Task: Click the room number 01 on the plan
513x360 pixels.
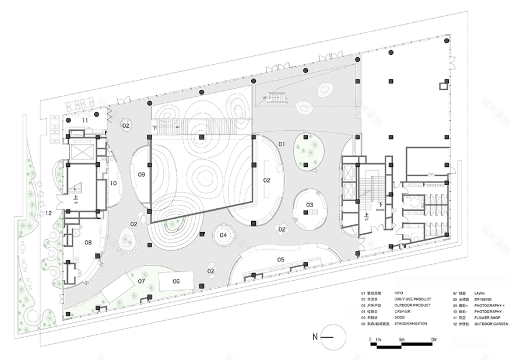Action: click(281, 144)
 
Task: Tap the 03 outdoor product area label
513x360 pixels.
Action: click(310, 204)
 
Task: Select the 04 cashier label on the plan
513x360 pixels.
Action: click(223, 235)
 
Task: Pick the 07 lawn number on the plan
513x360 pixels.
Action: click(141, 281)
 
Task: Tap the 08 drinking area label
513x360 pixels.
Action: click(88, 242)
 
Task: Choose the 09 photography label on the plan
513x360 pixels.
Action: click(141, 174)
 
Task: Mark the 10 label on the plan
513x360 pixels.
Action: click(113, 183)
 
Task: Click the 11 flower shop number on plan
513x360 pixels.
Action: click(85, 120)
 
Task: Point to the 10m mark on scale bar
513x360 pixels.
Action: click(433, 340)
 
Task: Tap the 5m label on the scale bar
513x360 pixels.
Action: click(402, 340)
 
